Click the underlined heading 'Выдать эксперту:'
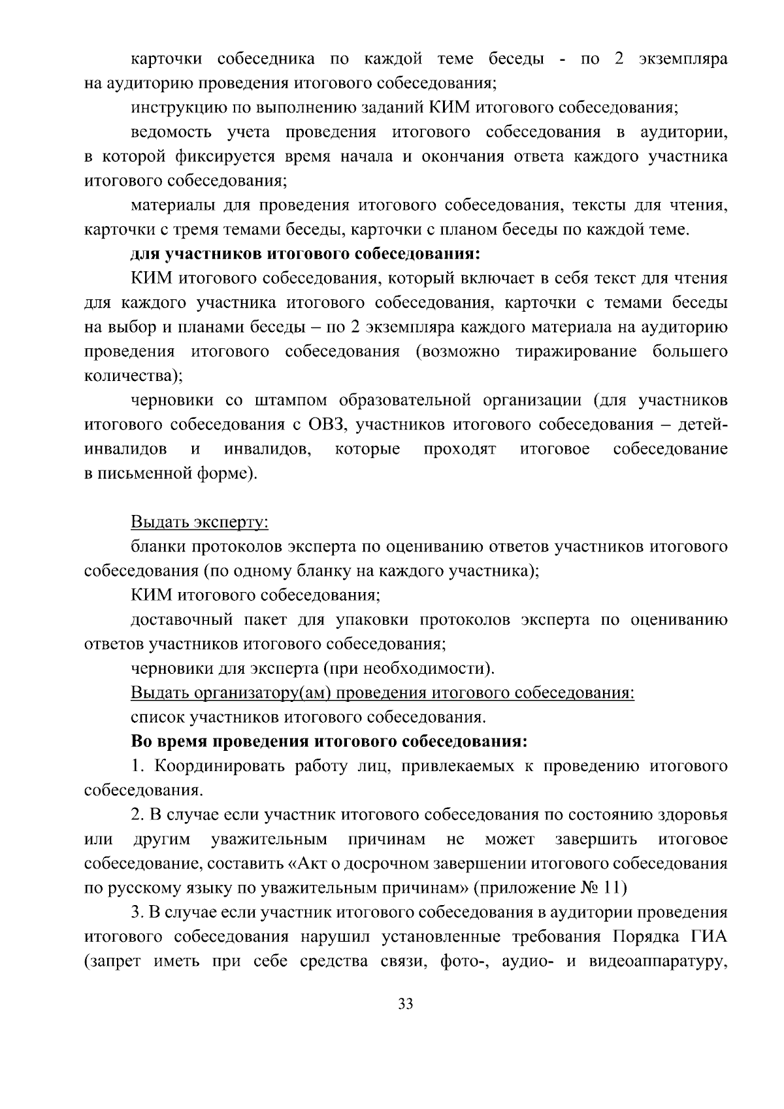coord(200,523)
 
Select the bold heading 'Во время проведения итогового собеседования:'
coord(329,742)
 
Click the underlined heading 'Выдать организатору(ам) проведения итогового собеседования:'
coord(383,693)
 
